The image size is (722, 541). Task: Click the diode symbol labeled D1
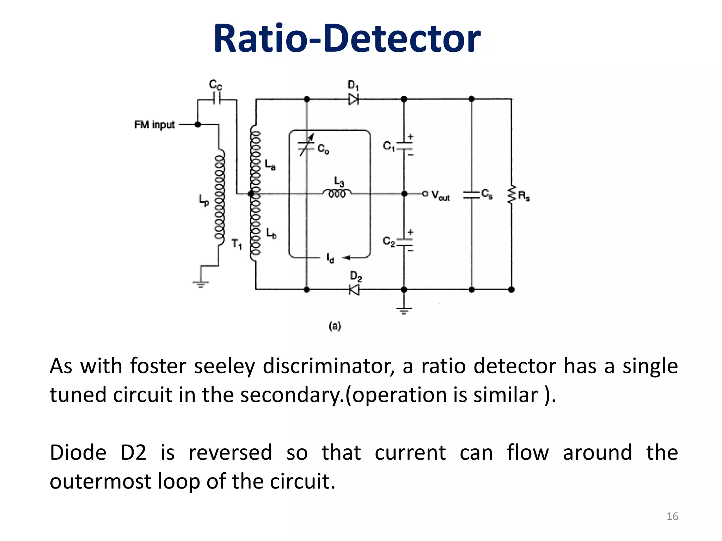353,99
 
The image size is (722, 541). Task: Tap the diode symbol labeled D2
354,290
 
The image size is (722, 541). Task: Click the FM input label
154,125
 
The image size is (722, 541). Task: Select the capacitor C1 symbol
404,146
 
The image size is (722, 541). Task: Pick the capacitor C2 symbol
404,242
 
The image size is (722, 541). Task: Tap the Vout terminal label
440,195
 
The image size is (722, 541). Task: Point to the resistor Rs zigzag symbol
511,194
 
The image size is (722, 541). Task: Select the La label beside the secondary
270,165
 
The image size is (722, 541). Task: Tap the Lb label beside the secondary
271,233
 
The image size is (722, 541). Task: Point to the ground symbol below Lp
201,284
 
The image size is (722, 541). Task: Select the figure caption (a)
335,326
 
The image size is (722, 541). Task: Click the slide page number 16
672,516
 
